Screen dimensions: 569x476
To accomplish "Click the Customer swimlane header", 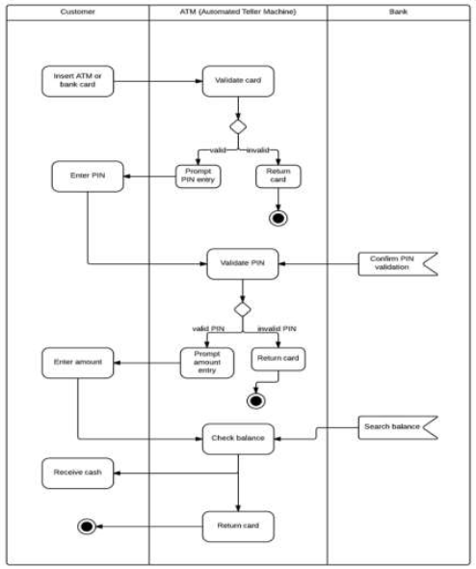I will click(x=77, y=13).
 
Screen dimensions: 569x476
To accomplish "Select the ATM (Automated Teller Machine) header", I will click(x=238, y=13).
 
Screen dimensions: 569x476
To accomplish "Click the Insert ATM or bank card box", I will click(x=77, y=81).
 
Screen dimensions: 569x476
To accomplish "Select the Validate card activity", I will click(x=237, y=81).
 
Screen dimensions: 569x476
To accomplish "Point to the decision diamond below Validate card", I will click(x=237, y=127).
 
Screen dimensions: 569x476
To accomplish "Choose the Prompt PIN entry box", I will click(x=197, y=176).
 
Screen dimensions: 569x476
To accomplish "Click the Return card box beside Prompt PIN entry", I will click(x=278, y=176).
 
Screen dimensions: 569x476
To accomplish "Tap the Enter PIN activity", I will click(x=87, y=176).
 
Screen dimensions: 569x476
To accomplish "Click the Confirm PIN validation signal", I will click(x=391, y=262).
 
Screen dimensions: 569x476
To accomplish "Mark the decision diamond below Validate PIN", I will click(x=242, y=309).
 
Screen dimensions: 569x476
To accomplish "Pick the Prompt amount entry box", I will click(x=202, y=363).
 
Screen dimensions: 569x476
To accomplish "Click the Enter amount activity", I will click(x=77, y=364).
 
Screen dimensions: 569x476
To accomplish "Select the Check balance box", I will click(x=237, y=438).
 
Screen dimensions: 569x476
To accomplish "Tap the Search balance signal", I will click(x=391, y=425).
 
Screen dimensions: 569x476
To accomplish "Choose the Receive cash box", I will click(x=77, y=473).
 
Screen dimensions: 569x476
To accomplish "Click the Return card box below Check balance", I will click(x=237, y=527).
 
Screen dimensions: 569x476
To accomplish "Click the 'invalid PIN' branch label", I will click(x=277, y=329).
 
